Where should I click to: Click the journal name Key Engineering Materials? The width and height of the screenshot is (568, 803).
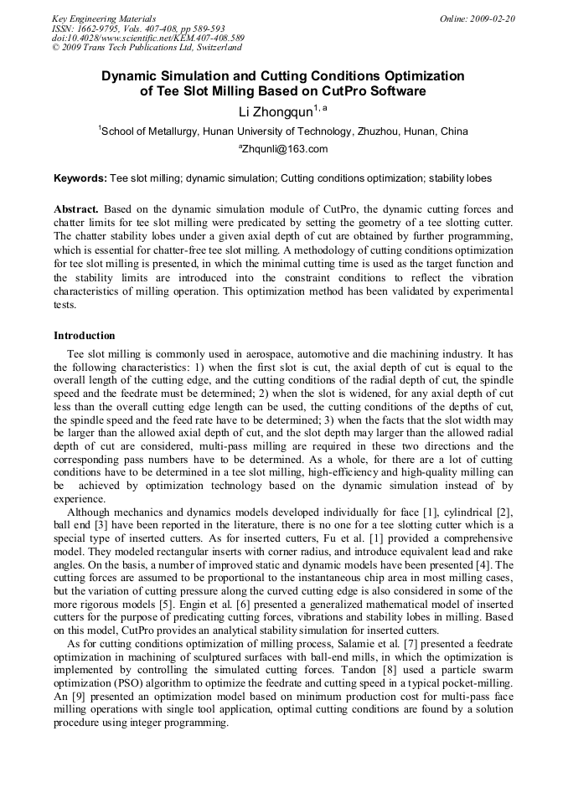pyautogui.click(x=103, y=18)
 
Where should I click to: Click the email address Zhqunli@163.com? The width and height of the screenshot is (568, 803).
pyautogui.click(x=284, y=150)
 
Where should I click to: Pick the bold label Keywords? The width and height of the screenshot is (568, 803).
pyautogui.click(x=80, y=178)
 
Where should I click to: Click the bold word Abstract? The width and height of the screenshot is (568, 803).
pyautogui.click(x=77, y=208)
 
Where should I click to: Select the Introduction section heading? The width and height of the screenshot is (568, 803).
pyautogui.click(x=85, y=336)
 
